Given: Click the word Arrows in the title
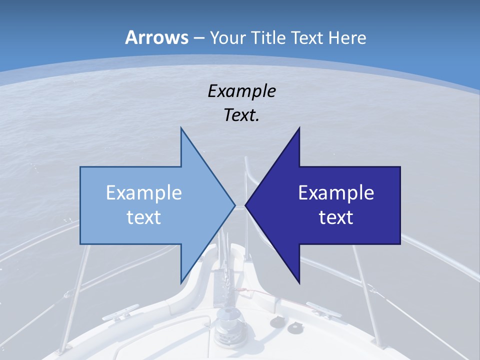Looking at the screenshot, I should [156, 37].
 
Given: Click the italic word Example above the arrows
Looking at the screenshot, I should [241, 91].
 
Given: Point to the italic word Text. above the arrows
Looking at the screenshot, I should [241, 115].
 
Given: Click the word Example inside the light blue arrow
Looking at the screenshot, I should [143, 192].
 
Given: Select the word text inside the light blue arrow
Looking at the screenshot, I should [143, 217].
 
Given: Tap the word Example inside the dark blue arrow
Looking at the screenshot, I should [336, 192].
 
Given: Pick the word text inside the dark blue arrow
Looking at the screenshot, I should [336, 217].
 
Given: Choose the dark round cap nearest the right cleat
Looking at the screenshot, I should [293, 327].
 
